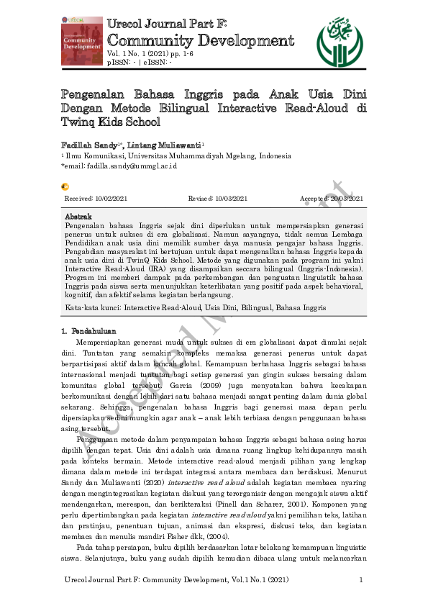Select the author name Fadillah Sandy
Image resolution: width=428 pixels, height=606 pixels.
[x=89, y=145]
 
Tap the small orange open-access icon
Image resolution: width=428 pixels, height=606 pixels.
[x=65, y=186]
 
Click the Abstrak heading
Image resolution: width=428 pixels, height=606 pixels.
[x=78, y=217]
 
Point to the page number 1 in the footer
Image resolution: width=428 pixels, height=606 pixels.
[x=360, y=580]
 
